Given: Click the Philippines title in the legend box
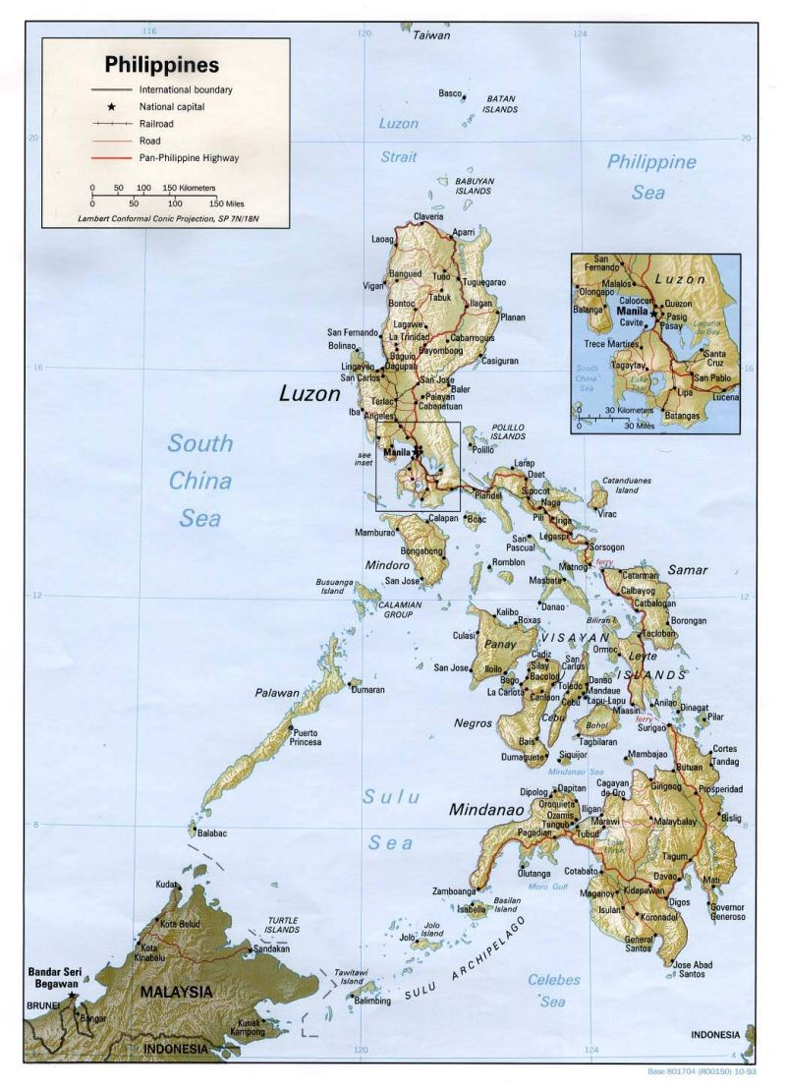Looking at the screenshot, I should (x=161, y=66).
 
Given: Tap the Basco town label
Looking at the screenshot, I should (x=450, y=93).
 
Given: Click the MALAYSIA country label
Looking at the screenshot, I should (x=176, y=992).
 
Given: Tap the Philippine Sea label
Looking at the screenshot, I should (x=650, y=177).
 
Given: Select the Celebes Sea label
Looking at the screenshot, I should (x=553, y=990).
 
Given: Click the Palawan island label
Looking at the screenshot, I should (x=277, y=693).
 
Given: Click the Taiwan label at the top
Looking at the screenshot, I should (x=430, y=35).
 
